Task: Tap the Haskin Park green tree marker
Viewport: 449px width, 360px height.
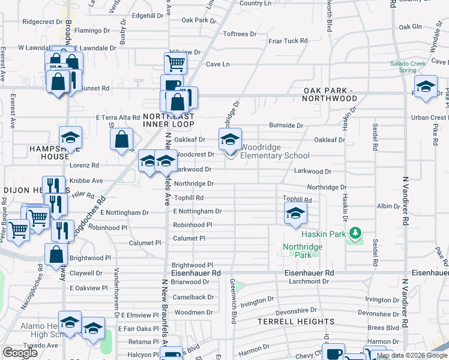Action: click(x=355, y=232)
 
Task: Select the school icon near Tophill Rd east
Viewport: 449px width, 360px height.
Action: click(x=295, y=213)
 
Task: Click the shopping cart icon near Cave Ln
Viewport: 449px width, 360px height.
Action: click(x=175, y=62)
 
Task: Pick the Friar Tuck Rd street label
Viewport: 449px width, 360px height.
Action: click(x=288, y=41)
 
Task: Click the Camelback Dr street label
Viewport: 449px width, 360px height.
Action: click(x=194, y=297)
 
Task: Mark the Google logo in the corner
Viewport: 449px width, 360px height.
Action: click(x=20, y=353)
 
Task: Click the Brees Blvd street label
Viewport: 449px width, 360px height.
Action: click(x=383, y=328)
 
